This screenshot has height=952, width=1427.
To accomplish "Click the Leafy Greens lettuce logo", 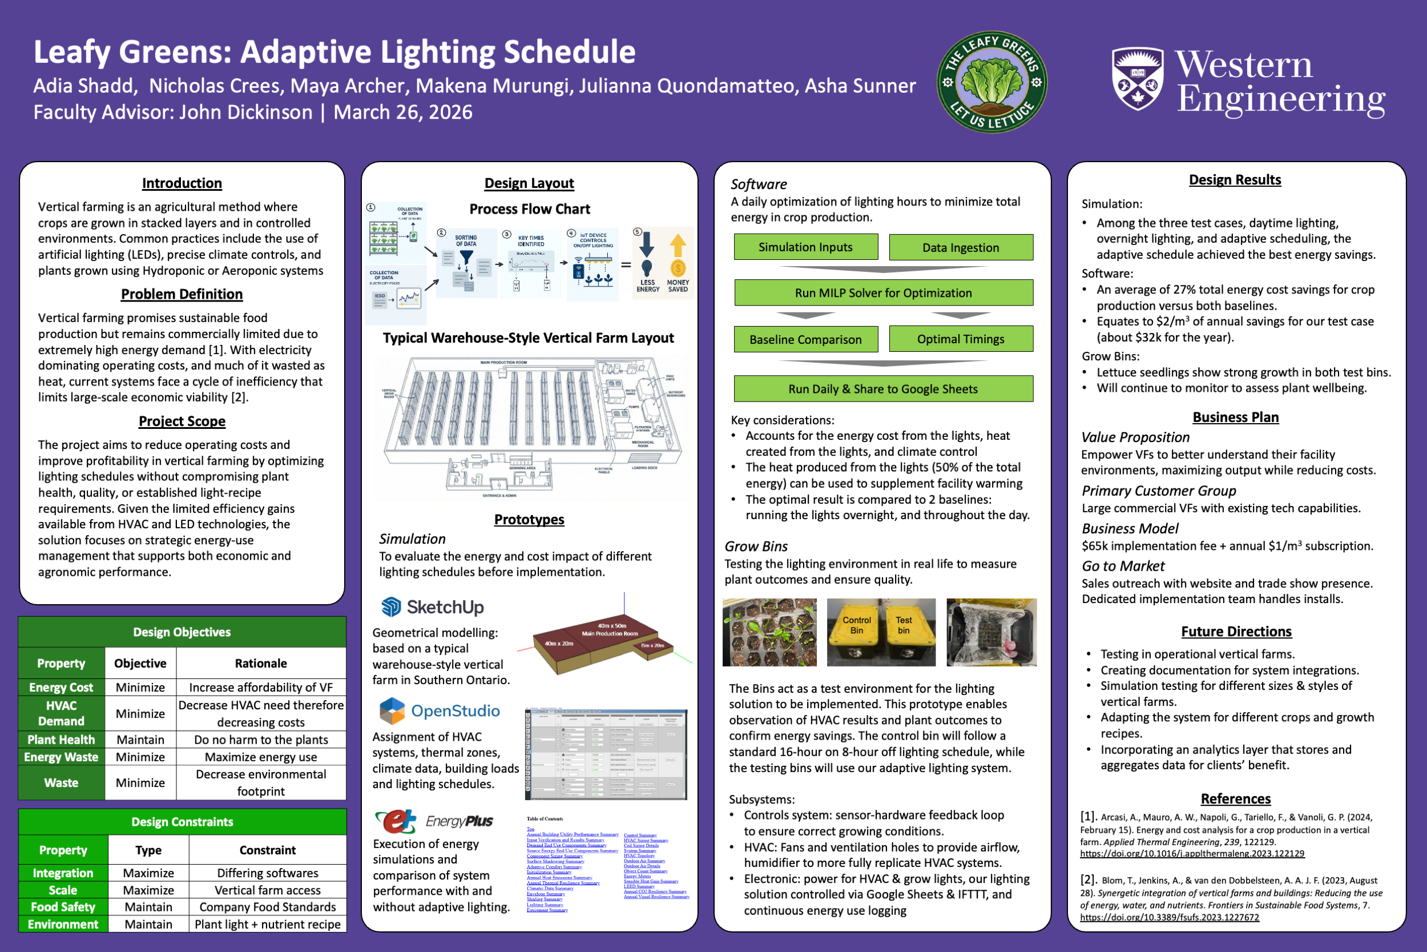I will coord(991,82).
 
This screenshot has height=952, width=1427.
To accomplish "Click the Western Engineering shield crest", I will coord(1137,79).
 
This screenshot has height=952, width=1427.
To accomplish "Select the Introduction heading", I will coord(182,183).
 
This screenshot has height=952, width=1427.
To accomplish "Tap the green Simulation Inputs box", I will coord(805,247).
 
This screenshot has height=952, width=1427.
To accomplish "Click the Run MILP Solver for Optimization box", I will coord(883,292).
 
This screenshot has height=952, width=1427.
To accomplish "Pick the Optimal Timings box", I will coord(961,339).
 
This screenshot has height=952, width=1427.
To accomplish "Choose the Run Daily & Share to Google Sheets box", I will coord(883,389).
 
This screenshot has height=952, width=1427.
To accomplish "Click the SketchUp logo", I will coord(432,606).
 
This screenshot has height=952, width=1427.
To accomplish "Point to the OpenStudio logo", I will coord(440,710).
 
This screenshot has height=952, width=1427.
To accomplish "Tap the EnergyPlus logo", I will coord(433,821).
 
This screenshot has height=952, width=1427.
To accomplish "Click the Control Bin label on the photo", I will coord(856,625).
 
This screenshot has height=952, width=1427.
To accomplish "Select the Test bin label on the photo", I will coord(904,625).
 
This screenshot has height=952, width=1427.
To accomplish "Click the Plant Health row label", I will coord(61,740).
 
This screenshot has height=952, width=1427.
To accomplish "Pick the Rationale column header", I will coord(261,664).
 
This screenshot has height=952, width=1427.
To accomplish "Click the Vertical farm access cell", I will coord(268,890).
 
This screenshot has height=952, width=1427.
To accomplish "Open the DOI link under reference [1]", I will coord(1192,854).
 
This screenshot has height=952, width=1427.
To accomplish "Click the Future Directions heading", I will coord(1236,632).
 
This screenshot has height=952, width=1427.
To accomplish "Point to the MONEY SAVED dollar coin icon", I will coord(678,268).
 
